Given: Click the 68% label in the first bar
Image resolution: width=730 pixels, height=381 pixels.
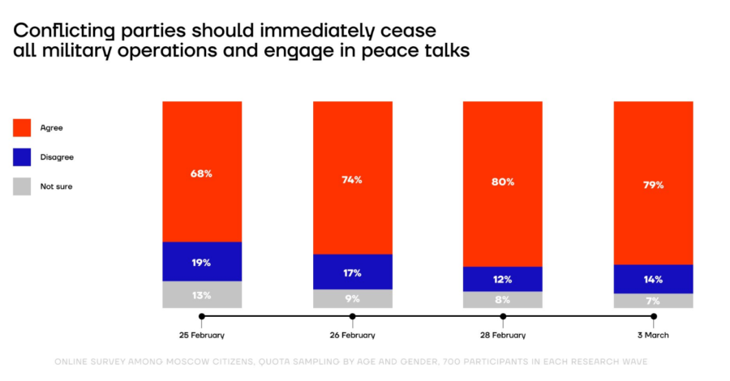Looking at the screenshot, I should click(x=202, y=173).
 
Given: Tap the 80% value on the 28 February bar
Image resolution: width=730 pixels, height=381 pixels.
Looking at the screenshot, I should click(x=502, y=182).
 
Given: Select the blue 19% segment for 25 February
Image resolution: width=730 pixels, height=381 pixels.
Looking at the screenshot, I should click(x=202, y=262).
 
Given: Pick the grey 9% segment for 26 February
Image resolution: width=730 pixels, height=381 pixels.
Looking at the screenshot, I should click(x=352, y=298).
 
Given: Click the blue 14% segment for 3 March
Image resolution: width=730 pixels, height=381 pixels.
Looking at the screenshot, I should click(x=653, y=279).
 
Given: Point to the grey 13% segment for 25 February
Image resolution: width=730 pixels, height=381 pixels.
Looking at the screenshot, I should click(x=202, y=294).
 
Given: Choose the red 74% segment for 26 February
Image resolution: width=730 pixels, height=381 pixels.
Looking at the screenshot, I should click(x=352, y=179).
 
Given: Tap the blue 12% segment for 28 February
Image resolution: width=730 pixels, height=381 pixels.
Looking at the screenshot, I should click(x=502, y=279).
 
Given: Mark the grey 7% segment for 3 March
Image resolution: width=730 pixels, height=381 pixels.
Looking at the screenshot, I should click(x=653, y=301).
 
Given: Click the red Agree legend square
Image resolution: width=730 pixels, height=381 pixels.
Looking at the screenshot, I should click(x=23, y=127).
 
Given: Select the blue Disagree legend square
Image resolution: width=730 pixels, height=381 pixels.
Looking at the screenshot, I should click(x=23, y=157).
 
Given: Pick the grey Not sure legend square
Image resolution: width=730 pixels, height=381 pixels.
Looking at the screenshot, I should click(x=23, y=186).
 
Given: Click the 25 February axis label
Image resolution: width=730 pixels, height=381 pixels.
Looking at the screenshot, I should click(x=202, y=335).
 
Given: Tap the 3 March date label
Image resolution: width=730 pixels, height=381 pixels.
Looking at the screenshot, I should click(x=653, y=335).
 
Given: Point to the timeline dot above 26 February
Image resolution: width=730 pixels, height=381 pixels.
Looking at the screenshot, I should click(x=352, y=316).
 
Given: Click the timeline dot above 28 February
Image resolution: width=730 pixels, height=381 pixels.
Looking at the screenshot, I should click(x=503, y=316).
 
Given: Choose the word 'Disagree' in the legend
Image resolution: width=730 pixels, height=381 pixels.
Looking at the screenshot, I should click(x=57, y=157).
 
